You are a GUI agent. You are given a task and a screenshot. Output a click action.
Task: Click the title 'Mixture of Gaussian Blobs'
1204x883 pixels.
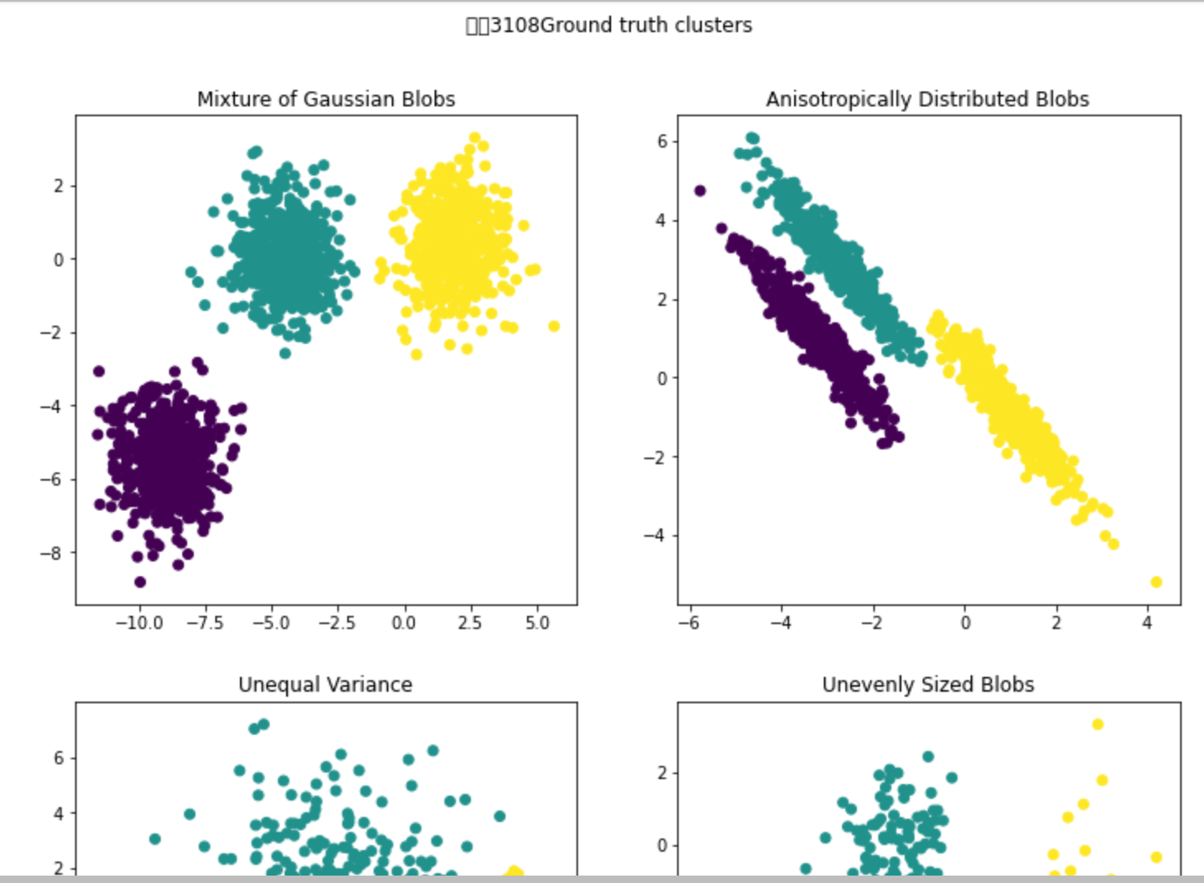(326, 99)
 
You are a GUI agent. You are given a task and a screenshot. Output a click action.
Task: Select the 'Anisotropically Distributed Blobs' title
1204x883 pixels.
(927, 99)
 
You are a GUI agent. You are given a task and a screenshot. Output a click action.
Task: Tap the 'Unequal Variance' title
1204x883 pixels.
(325, 684)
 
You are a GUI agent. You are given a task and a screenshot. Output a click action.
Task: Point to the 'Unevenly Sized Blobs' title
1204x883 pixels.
(928, 684)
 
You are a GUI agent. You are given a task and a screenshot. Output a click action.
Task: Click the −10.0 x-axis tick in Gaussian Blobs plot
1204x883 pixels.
(139, 622)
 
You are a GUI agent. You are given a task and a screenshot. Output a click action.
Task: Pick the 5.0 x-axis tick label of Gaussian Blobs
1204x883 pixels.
(537, 622)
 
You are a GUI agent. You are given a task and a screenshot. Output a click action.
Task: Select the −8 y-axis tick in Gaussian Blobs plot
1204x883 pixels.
(51, 552)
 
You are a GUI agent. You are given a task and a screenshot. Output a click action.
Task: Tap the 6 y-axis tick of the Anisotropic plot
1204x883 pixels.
(662, 141)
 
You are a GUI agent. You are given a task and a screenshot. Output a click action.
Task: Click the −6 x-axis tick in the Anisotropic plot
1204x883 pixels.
(689, 622)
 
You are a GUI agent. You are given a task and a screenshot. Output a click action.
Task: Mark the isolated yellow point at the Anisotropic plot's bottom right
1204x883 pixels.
(1156, 582)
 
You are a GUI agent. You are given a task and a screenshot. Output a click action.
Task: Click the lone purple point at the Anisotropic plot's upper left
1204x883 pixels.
(700, 190)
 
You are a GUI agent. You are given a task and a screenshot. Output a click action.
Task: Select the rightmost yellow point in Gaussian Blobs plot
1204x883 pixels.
(554, 326)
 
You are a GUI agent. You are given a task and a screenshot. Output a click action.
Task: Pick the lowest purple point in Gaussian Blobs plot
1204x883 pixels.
(140, 582)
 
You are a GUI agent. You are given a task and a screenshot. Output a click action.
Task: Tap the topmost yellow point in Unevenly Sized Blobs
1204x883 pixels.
(1098, 725)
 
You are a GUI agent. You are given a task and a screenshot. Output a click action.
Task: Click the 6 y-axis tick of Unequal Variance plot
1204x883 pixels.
(59, 758)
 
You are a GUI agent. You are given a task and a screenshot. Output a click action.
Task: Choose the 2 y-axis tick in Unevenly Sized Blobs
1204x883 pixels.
(662, 773)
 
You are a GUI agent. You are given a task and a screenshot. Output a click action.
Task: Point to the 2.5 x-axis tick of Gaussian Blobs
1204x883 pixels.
(469, 622)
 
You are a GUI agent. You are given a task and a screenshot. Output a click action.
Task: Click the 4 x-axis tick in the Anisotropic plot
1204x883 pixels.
(1147, 622)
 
